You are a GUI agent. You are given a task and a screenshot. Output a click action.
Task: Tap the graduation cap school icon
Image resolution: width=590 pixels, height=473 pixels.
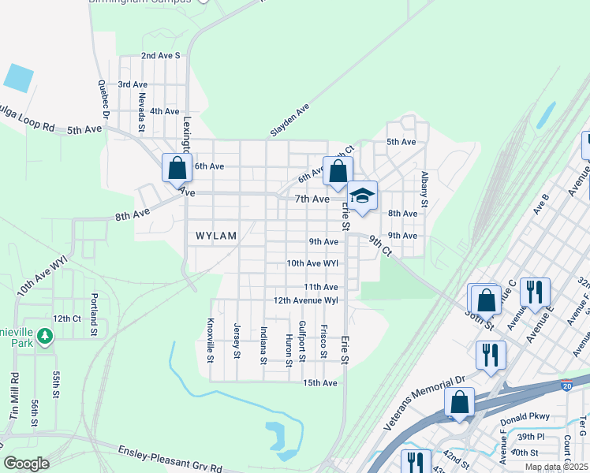362,196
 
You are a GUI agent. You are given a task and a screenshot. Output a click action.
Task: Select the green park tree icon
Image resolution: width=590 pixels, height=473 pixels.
46,337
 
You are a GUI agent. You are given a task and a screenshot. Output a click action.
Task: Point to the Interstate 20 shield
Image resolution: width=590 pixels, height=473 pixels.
566,385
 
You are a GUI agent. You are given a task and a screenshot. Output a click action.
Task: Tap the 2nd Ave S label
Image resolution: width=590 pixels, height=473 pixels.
161,56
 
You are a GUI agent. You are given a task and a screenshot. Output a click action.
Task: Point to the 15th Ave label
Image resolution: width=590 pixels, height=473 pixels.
320,383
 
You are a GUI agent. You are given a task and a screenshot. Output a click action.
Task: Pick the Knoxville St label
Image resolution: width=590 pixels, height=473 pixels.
211,340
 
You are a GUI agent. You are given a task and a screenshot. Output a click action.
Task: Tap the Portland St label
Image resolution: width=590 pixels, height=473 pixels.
94,314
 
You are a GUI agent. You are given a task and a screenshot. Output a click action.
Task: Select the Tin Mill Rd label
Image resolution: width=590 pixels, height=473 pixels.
13,395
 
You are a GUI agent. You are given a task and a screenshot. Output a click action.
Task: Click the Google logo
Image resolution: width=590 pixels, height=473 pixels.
26,464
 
